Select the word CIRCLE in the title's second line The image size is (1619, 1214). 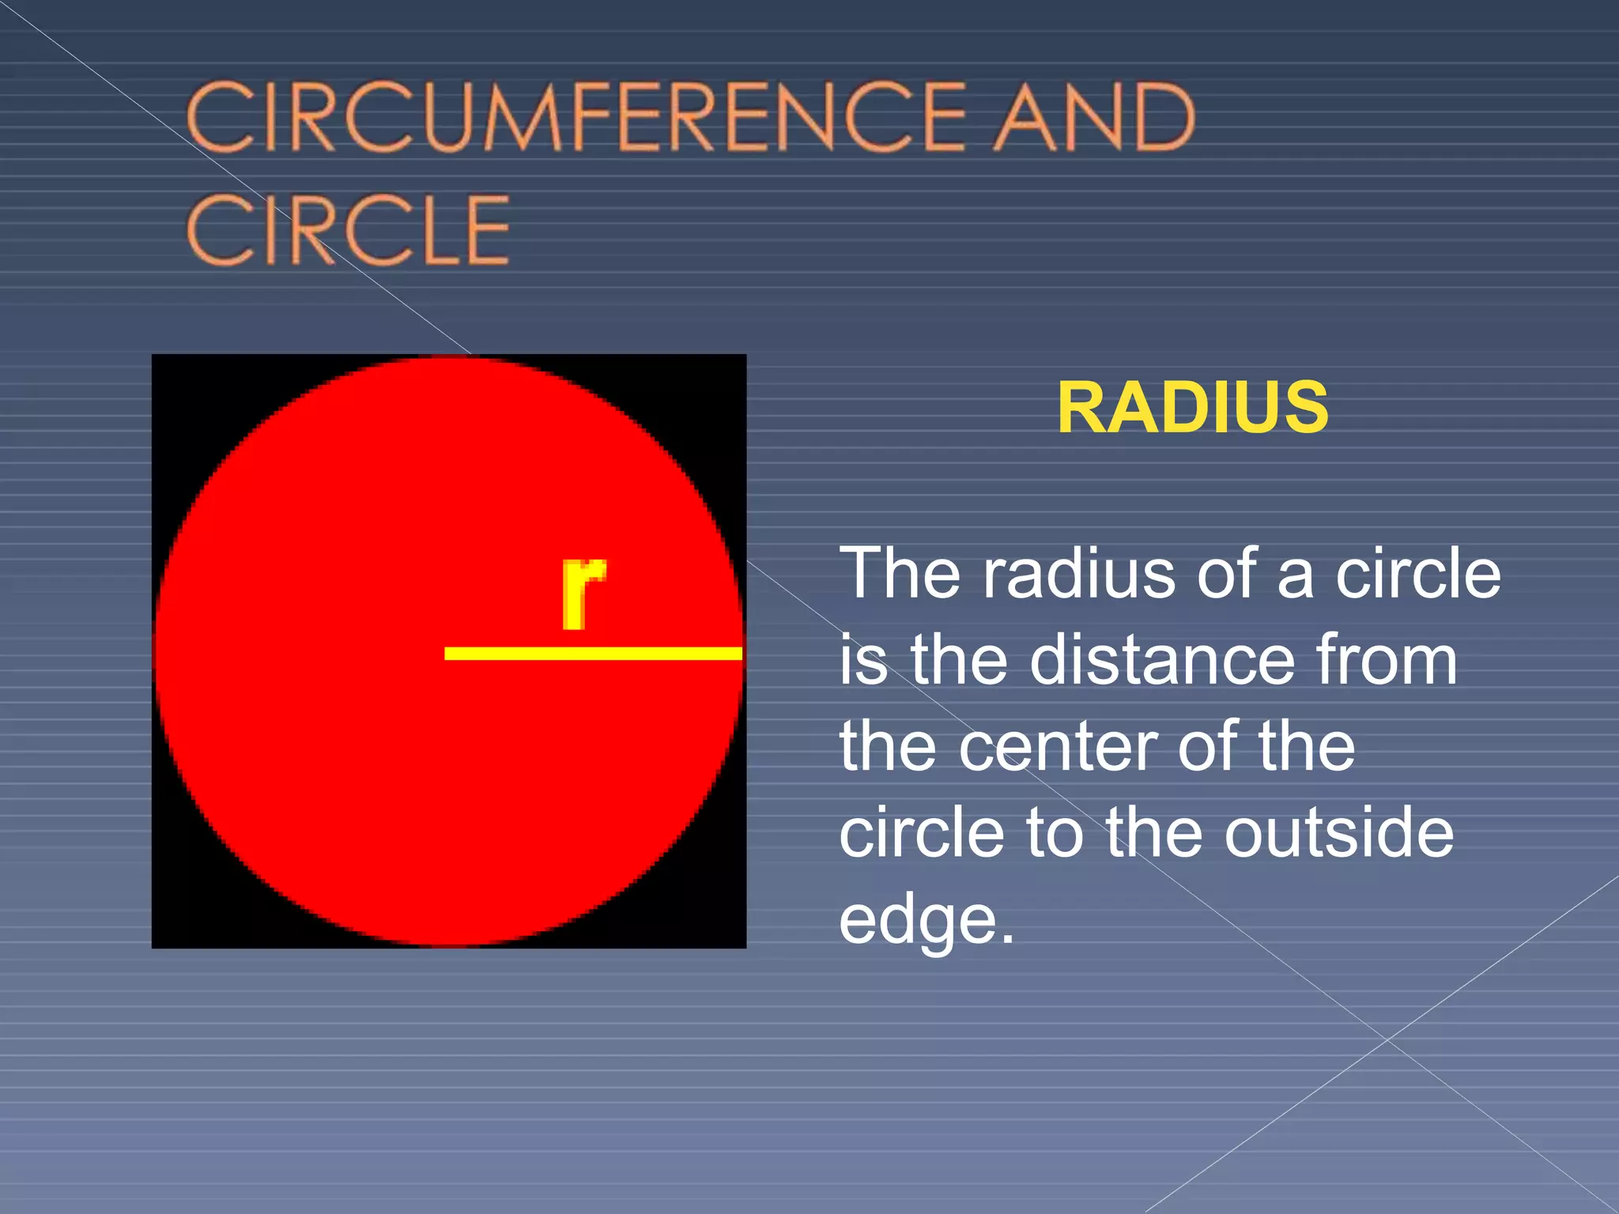pos(349,230)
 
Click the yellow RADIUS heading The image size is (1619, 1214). pos(1192,408)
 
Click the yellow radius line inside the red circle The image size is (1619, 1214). pos(593,653)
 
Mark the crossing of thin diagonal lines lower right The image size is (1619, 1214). pos(1386,1040)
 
